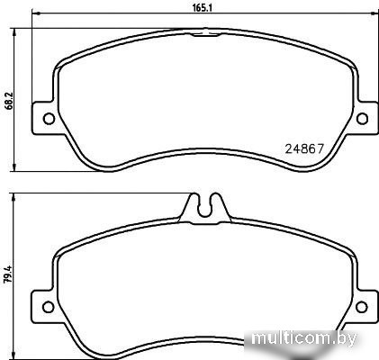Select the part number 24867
pos(304,148)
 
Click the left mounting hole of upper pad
pos(49,119)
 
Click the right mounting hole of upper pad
pos(362,119)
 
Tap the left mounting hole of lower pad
pos(48,307)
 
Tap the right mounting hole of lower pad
pos(361,307)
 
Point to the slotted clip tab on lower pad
pos(205,209)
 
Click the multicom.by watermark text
pos(304,338)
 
